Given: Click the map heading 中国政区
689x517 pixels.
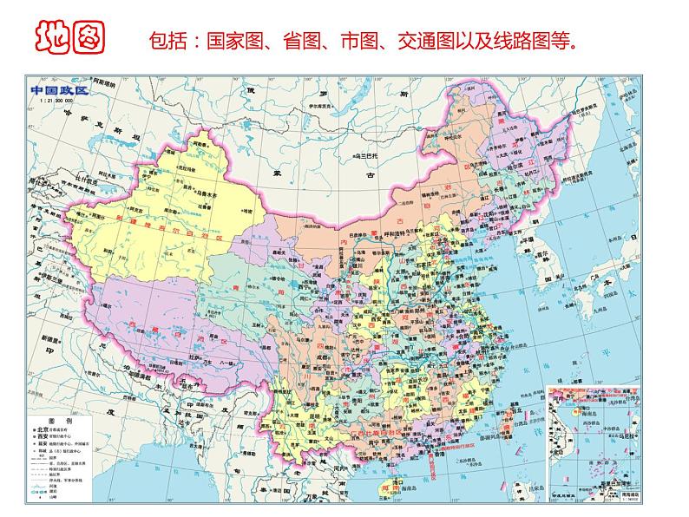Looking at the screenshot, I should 59,90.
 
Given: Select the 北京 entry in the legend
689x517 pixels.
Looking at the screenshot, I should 44,429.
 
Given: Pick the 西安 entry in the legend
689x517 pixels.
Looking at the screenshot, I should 44,438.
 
